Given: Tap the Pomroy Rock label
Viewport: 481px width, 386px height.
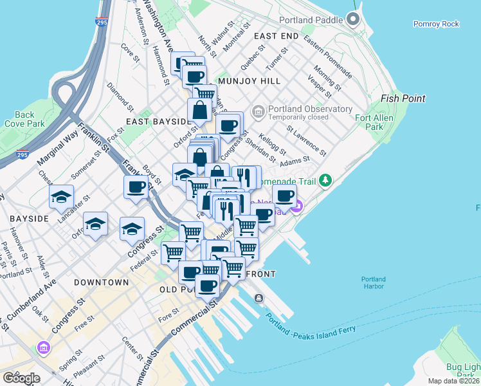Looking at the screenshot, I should click(436, 24).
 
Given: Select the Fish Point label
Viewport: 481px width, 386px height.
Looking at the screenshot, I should click(403, 98).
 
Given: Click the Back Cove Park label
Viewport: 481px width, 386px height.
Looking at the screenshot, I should click(24, 119).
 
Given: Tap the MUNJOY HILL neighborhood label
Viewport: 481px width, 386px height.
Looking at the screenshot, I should click(249, 82).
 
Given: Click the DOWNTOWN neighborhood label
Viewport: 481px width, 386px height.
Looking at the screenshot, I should click(102, 282).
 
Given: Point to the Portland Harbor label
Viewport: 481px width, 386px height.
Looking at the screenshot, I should click(373, 283).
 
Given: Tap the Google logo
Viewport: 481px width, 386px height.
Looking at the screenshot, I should click(21, 378).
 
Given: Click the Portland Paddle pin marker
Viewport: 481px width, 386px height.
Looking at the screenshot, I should click(353, 20).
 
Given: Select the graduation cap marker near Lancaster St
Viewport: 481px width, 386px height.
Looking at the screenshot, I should click(61, 196).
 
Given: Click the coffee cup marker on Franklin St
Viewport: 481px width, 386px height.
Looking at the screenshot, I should click(136, 187).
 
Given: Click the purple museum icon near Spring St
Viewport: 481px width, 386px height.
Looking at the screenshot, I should click(44, 349).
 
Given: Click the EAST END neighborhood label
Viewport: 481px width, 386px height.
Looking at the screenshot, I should click(276, 36).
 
